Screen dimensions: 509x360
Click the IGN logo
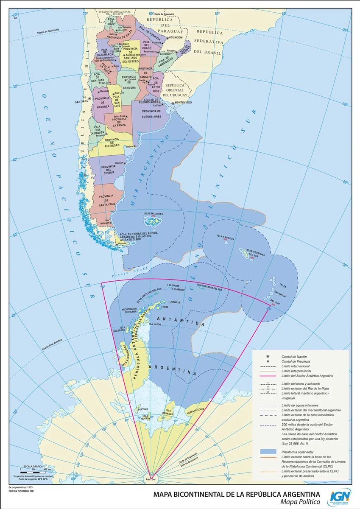(x=340, y=497)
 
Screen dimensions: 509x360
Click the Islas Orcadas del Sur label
(x=210, y=288)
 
